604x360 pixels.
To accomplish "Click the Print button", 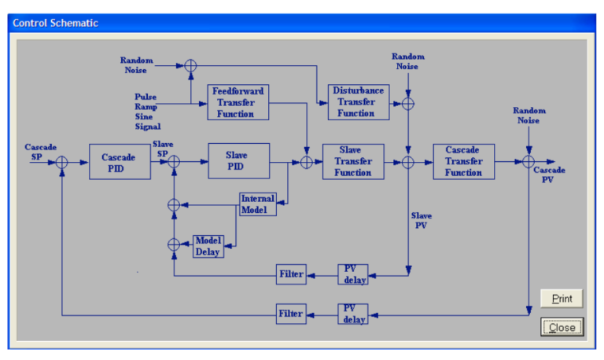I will (x=562, y=299).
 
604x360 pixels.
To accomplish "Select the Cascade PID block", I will (x=119, y=162).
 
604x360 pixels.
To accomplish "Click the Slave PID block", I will (x=238, y=161).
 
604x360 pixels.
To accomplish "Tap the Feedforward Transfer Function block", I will (x=238, y=102).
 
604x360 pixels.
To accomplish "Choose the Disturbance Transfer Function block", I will (x=358, y=102).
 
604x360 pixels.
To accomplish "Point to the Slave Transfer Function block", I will (x=353, y=161).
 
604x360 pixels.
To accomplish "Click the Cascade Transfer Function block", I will (x=463, y=161).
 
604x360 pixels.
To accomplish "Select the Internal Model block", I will (x=258, y=204).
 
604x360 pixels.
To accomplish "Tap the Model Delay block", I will (x=208, y=246).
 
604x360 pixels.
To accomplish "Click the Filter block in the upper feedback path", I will (x=291, y=274).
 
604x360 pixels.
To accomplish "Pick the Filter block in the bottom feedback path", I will (x=291, y=314).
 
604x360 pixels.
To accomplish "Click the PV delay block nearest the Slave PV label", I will (x=353, y=274).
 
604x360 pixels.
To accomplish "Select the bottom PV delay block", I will (x=353, y=314).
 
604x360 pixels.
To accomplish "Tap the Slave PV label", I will (x=421, y=220).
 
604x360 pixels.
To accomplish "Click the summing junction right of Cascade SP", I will (x=62, y=162).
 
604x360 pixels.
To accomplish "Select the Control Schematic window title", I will (x=55, y=23).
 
